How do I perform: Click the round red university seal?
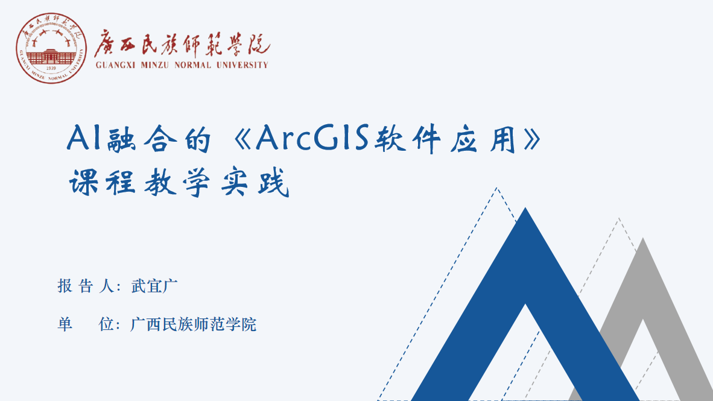(51, 48)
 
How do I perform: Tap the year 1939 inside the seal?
(51, 68)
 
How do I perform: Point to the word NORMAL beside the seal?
(193, 65)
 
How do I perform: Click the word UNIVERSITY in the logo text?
(242, 65)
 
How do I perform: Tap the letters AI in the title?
(84, 137)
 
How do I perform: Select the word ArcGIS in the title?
(312, 137)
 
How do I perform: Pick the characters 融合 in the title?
(142, 139)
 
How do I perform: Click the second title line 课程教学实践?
(179, 182)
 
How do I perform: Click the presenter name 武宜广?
(154, 286)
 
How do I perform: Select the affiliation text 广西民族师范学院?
(193, 324)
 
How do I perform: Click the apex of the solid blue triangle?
(525, 208)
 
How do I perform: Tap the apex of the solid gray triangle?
(643, 238)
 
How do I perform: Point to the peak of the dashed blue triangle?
(497, 188)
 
